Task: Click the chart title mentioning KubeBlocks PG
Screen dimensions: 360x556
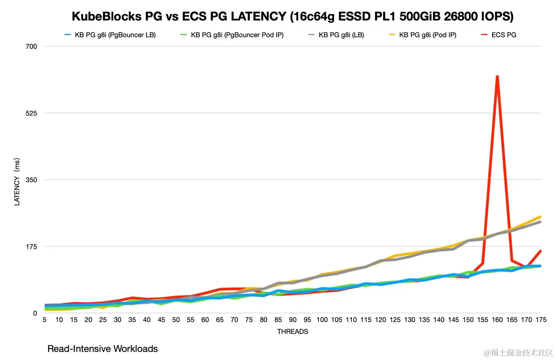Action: coord(292,17)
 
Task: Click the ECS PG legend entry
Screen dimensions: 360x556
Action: coord(503,35)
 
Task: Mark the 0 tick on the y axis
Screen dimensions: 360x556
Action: coord(36,313)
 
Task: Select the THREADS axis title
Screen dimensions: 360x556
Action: coord(292,331)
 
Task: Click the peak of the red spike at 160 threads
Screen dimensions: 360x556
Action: coord(497,76)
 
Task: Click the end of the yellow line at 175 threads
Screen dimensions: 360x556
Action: coord(540,216)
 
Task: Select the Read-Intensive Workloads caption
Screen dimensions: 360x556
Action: coord(103,349)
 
